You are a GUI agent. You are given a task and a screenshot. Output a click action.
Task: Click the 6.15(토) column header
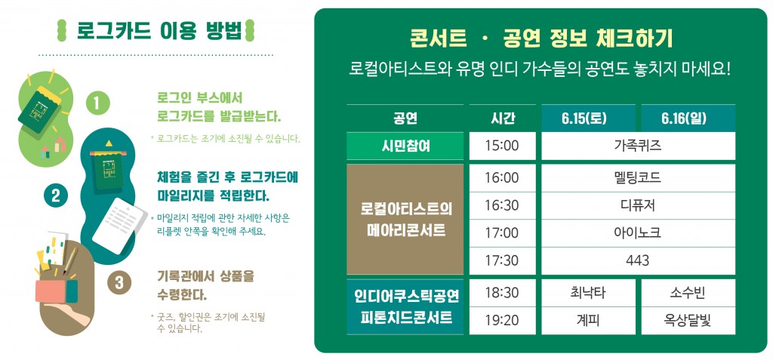click(x=588, y=118)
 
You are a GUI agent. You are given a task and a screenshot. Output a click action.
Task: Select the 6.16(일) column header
click(x=688, y=118)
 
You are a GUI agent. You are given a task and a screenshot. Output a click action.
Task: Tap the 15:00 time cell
click(x=502, y=146)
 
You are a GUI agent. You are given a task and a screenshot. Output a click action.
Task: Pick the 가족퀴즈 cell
click(x=638, y=146)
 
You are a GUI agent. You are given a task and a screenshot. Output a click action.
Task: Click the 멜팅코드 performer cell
click(x=638, y=177)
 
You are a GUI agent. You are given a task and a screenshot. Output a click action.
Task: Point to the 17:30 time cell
click(x=502, y=261)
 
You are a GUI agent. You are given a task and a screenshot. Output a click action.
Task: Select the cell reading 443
click(x=638, y=261)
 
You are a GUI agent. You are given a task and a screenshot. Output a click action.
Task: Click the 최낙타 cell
click(x=588, y=293)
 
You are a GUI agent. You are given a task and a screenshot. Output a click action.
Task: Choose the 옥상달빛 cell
click(x=688, y=321)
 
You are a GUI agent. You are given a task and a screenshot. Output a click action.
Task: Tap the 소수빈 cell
click(x=688, y=293)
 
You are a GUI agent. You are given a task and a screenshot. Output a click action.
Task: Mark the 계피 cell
click(x=588, y=321)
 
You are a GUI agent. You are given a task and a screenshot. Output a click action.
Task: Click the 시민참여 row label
click(x=405, y=146)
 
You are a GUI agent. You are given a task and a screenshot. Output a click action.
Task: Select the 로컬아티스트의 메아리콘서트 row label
click(x=405, y=220)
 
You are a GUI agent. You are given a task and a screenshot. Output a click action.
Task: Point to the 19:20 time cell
click(x=502, y=321)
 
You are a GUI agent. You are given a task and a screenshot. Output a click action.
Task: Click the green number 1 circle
click(x=97, y=103)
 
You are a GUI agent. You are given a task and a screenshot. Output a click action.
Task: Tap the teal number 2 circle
click(x=55, y=195)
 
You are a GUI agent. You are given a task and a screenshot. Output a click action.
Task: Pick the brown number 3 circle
click(x=119, y=283)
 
